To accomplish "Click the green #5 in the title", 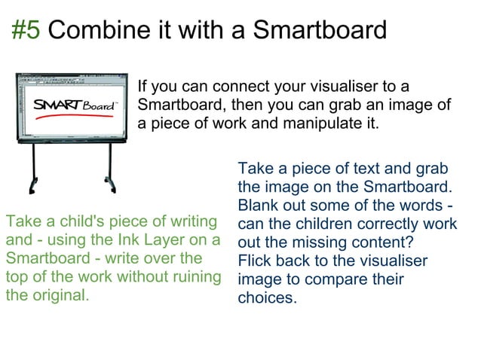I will [x=27, y=30].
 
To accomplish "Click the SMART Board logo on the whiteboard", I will [x=74, y=105].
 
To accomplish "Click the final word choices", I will [x=267, y=298].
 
